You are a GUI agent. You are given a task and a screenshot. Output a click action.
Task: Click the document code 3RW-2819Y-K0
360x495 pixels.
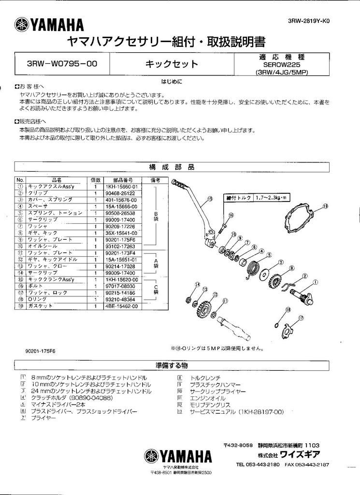click(x=311, y=21)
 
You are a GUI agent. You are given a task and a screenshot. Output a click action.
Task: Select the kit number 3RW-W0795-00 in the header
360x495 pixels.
click(x=61, y=64)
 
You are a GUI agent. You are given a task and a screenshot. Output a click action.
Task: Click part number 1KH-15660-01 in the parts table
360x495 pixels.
click(x=122, y=186)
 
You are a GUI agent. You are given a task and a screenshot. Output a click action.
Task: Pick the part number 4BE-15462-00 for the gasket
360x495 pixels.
click(x=122, y=306)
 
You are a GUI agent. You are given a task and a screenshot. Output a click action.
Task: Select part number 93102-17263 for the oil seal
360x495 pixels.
click(x=122, y=246)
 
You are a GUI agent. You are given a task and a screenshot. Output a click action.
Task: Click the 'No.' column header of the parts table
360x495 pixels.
click(x=20, y=180)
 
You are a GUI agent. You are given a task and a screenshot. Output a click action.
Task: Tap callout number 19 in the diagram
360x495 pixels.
click(x=325, y=206)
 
